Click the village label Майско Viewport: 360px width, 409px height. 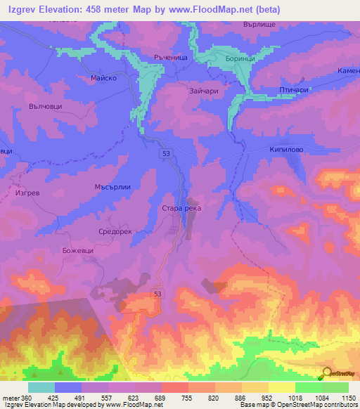[103, 79]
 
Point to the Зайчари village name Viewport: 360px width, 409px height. [202, 90]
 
